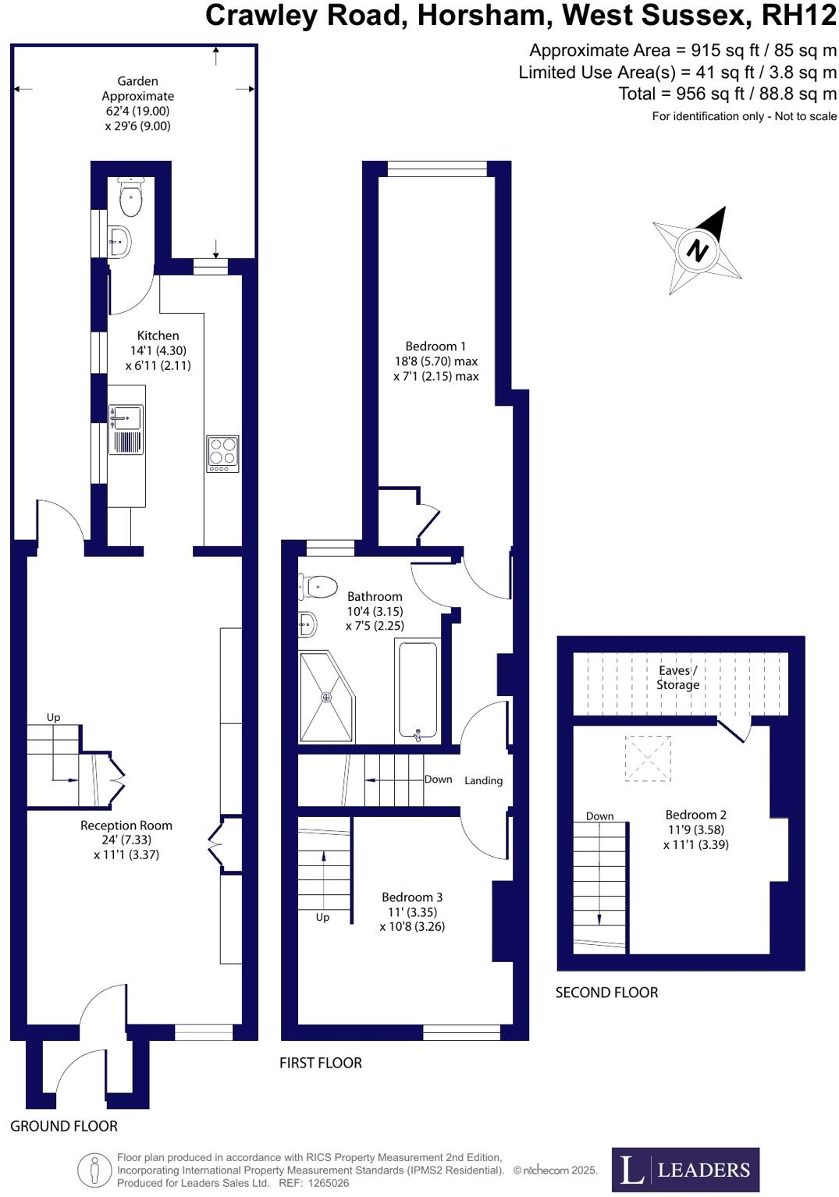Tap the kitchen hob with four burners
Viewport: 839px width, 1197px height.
click(222, 453)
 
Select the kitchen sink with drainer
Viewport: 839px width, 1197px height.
click(126, 429)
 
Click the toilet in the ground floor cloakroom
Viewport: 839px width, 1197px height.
click(130, 198)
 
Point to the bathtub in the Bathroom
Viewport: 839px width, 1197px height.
click(418, 690)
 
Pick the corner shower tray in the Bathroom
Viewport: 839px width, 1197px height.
click(325, 697)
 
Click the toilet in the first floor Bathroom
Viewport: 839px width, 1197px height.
click(318, 586)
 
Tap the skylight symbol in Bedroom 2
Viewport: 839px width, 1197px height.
click(647, 758)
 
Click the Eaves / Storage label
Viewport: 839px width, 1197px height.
click(677, 677)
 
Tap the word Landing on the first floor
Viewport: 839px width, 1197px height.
click(483, 780)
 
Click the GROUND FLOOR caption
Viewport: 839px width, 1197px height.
click(64, 1126)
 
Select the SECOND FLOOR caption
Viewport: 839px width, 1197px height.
click(606, 993)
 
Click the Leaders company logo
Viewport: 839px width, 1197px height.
click(684, 1169)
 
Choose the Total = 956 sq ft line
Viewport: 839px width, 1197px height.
click(727, 94)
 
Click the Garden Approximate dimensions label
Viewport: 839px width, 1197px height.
click(137, 103)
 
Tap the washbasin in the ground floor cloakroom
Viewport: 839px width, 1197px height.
click(119, 241)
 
